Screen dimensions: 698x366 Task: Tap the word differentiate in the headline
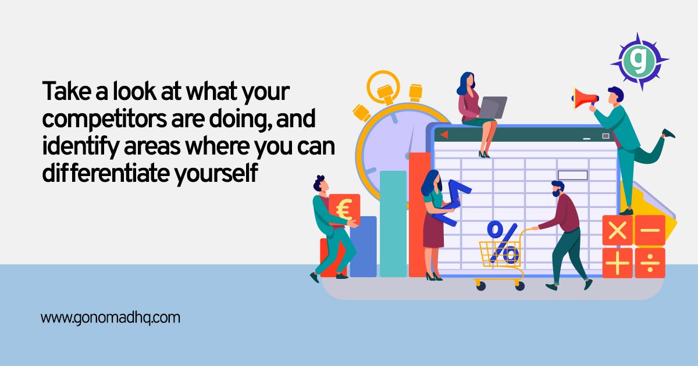pos(106,173)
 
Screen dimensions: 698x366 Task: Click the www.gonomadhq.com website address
pos(111,318)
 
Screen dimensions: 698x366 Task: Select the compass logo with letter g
pos(640,61)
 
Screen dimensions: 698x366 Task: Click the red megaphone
pos(584,98)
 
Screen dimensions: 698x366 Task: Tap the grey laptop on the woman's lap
pos(493,107)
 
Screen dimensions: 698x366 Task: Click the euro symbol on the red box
pos(344,209)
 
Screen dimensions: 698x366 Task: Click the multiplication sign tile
pos(617,230)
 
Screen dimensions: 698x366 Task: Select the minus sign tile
pos(650,230)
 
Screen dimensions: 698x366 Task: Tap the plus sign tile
pos(617,263)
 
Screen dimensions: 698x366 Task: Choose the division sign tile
pos(650,263)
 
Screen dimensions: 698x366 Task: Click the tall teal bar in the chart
pos(393,224)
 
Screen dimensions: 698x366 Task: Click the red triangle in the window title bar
pos(444,135)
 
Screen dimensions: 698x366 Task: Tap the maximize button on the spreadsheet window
pos(606,136)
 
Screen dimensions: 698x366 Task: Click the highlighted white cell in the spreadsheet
pos(573,175)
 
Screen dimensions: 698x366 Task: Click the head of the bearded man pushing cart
pos(558,189)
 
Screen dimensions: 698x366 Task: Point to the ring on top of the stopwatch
pos(383,86)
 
